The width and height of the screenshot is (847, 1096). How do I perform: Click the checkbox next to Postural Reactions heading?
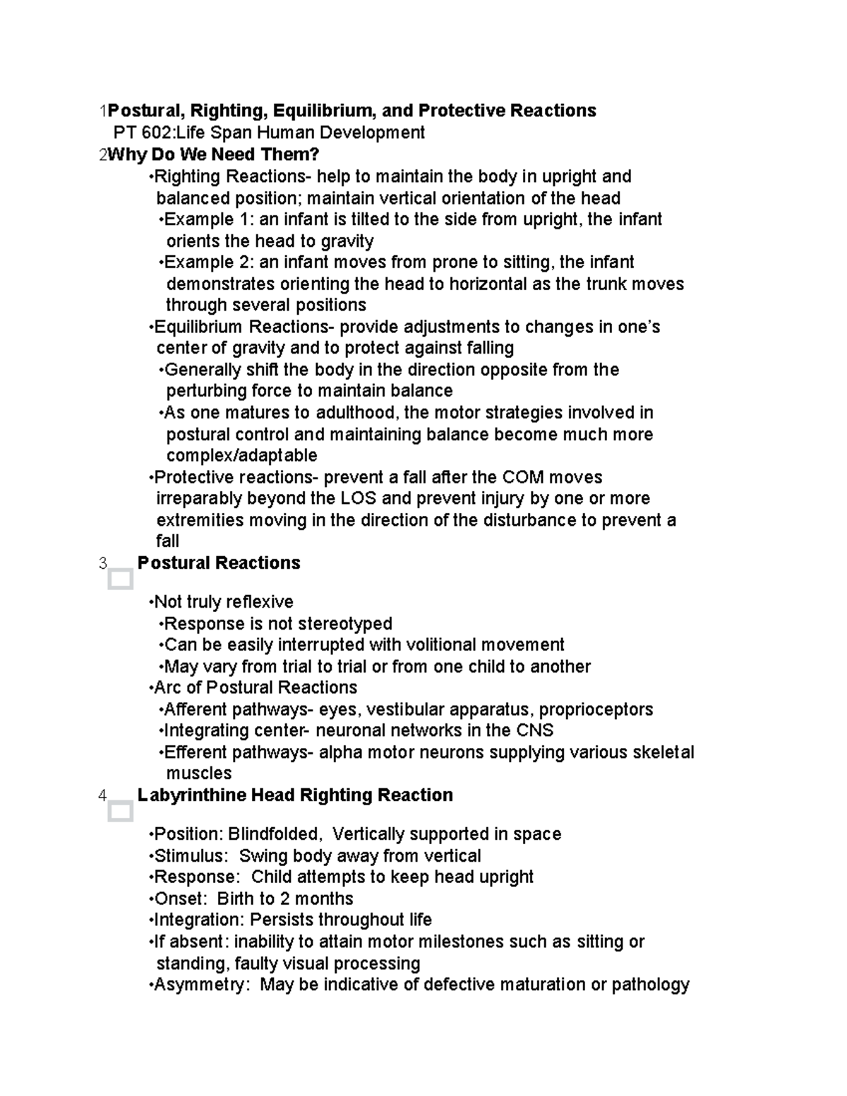[121, 579]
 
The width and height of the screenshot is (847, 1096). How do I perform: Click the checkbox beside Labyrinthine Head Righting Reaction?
[121, 812]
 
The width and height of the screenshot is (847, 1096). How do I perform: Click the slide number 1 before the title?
[103, 111]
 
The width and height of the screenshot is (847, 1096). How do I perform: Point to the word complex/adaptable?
[241, 455]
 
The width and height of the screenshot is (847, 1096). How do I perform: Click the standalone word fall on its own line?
[167, 541]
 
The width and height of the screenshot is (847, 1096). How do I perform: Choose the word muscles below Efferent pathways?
[198, 773]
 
